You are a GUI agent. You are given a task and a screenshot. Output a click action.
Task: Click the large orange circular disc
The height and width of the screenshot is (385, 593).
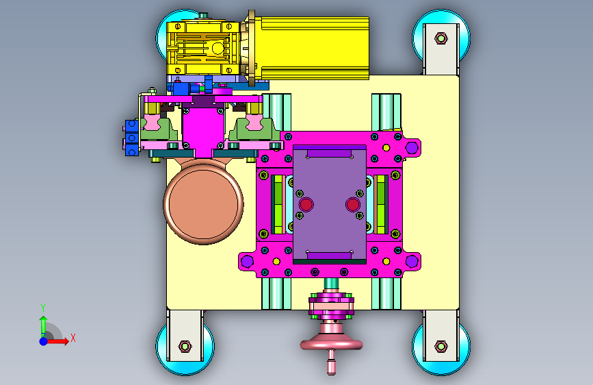[x=203, y=204]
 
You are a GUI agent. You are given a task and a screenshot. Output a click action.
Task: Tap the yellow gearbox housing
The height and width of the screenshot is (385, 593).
[x=203, y=48]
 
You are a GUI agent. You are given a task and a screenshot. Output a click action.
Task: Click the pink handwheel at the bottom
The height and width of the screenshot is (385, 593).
[x=331, y=344]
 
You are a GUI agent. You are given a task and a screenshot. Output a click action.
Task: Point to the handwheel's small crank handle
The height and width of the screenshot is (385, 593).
[x=331, y=362]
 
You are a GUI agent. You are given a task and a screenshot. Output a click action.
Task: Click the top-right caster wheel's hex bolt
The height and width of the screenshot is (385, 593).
[x=441, y=38]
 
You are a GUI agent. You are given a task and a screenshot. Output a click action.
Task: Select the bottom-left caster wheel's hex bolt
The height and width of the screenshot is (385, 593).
[x=185, y=346]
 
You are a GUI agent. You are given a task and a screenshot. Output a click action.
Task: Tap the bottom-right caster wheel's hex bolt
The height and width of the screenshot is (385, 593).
[x=441, y=346]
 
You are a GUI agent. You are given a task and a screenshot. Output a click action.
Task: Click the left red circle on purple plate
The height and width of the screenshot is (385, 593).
[x=306, y=205]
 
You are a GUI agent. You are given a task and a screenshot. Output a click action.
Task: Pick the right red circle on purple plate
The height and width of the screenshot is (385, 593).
[x=352, y=205]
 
